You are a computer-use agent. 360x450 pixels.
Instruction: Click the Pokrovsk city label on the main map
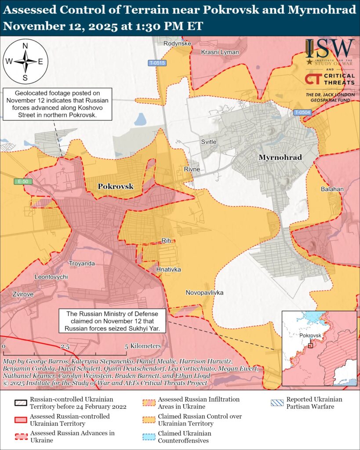pyautogui.click(x=115, y=186)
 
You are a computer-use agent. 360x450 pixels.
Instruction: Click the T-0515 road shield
pyautogui.click(x=157, y=63)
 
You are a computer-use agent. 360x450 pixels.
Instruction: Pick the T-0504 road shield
pyautogui.click(x=302, y=112)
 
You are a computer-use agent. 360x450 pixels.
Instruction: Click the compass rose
pyautogui.click(x=25, y=61)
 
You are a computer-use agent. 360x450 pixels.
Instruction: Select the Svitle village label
pyautogui.click(x=209, y=142)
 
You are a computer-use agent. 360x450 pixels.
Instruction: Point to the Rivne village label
pyautogui.click(x=192, y=169)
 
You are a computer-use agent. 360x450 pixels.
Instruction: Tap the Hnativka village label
pyautogui.click(x=168, y=269)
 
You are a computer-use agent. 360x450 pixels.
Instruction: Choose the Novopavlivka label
pyautogui.click(x=204, y=293)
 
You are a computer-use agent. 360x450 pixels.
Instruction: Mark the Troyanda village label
pyautogui.click(x=82, y=263)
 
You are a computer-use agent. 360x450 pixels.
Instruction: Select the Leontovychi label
pyautogui.click(x=51, y=277)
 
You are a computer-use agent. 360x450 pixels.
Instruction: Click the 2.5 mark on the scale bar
pyautogui.click(x=65, y=346)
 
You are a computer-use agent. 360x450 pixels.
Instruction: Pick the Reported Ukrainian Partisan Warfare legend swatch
pyautogui.click(x=277, y=403)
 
